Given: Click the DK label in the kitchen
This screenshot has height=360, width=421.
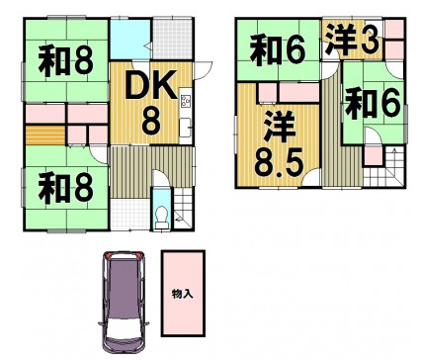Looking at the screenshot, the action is [151, 85].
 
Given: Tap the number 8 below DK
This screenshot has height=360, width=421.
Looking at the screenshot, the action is [151, 121].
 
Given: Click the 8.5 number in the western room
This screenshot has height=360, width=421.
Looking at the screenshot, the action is [279, 162].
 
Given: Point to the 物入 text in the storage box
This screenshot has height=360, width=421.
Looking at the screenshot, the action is [183, 294].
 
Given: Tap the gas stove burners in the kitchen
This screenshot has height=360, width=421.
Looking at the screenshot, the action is [185, 101].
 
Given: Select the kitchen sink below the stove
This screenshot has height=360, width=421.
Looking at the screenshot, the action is [185, 127].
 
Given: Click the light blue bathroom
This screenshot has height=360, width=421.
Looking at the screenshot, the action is [129, 39].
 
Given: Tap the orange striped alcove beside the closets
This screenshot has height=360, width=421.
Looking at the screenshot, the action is [45, 135].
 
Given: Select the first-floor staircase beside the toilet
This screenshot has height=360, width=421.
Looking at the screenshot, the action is [182, 209].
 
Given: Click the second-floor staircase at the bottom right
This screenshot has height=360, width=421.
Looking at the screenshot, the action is [383, 167].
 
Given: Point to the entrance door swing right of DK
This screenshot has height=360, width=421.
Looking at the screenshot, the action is [204, 70].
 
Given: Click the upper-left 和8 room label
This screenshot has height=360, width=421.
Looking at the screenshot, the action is [66, 61].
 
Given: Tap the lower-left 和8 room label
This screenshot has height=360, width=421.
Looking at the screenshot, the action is [66, 188].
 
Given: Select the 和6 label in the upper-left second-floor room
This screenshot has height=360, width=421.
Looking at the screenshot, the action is [278, 50].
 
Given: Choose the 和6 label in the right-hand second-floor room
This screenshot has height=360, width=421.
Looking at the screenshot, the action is [373, 104].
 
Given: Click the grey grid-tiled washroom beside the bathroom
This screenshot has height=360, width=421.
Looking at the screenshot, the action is [172, 40].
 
